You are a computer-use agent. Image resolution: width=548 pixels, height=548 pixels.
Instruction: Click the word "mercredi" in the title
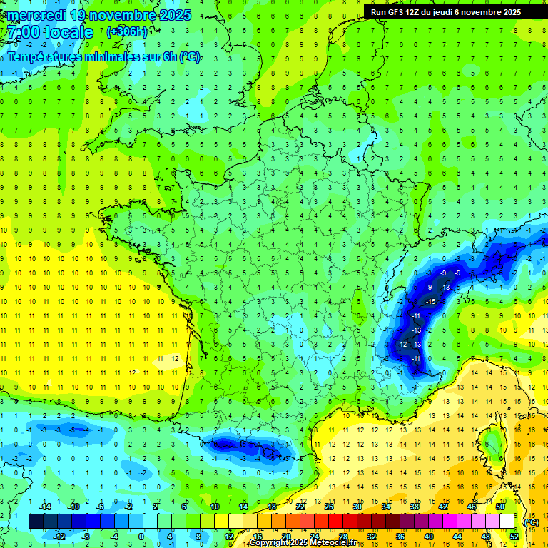(36, 15)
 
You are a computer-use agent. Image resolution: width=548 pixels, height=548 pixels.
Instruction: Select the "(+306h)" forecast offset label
(127, 32)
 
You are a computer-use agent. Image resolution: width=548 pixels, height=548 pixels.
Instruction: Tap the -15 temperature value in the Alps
(430, 302)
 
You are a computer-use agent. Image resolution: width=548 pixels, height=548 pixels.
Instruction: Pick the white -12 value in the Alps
(402, 345)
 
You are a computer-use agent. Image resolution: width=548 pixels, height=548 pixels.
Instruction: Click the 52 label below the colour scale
(514, 537)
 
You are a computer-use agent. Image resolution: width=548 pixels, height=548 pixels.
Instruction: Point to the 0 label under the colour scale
(141, 537)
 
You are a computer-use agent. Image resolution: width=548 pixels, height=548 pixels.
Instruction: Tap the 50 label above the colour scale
(499, 507)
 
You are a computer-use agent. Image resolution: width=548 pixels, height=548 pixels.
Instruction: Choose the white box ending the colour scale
(507, 522)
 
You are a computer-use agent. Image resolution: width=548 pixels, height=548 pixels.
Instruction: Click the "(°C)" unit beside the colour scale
(531, 522)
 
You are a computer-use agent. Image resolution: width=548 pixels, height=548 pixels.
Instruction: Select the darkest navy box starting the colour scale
(36, 522)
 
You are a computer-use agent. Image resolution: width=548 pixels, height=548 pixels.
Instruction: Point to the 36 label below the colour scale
(400, 537)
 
